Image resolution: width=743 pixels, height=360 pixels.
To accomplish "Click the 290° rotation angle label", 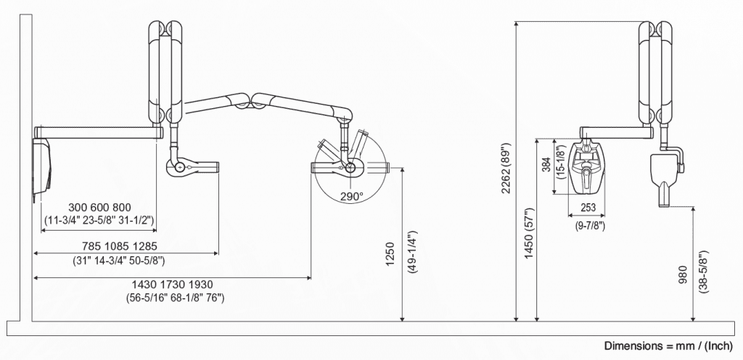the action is click(352, 196).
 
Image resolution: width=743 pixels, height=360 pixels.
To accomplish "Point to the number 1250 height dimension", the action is click(390, 254).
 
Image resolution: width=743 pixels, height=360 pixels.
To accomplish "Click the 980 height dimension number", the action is click(682, 274).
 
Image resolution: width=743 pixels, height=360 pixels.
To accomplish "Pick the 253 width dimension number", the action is click(588, 207).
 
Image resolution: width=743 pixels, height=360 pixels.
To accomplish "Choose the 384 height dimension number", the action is click(546, 164).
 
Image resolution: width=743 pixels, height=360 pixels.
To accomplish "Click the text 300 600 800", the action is click(99, 208).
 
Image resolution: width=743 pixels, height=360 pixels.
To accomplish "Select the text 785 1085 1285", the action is click(120, 246).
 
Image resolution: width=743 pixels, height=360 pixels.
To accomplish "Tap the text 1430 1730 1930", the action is click(173, 285).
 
